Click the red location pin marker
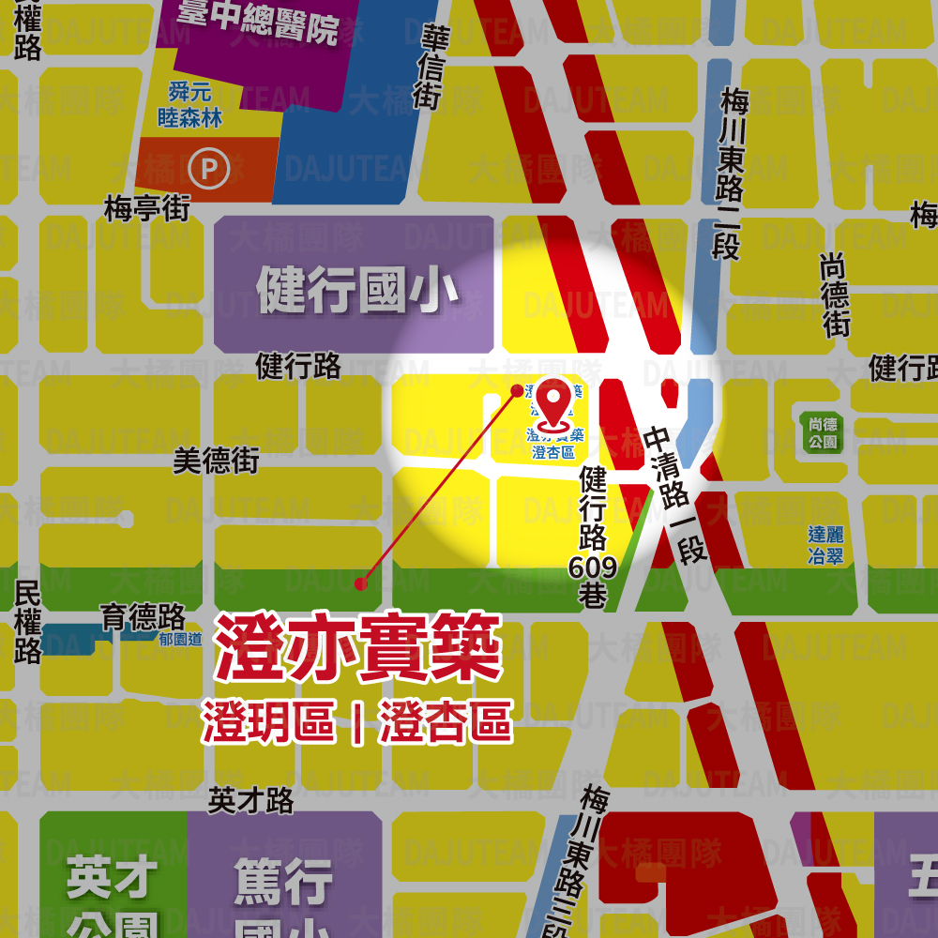558,401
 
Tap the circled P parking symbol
208,170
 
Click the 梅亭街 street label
146,208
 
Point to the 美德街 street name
216,461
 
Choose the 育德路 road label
143,617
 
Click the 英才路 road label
250,800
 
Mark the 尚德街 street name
834,295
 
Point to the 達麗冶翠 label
825,545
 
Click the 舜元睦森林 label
190,105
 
